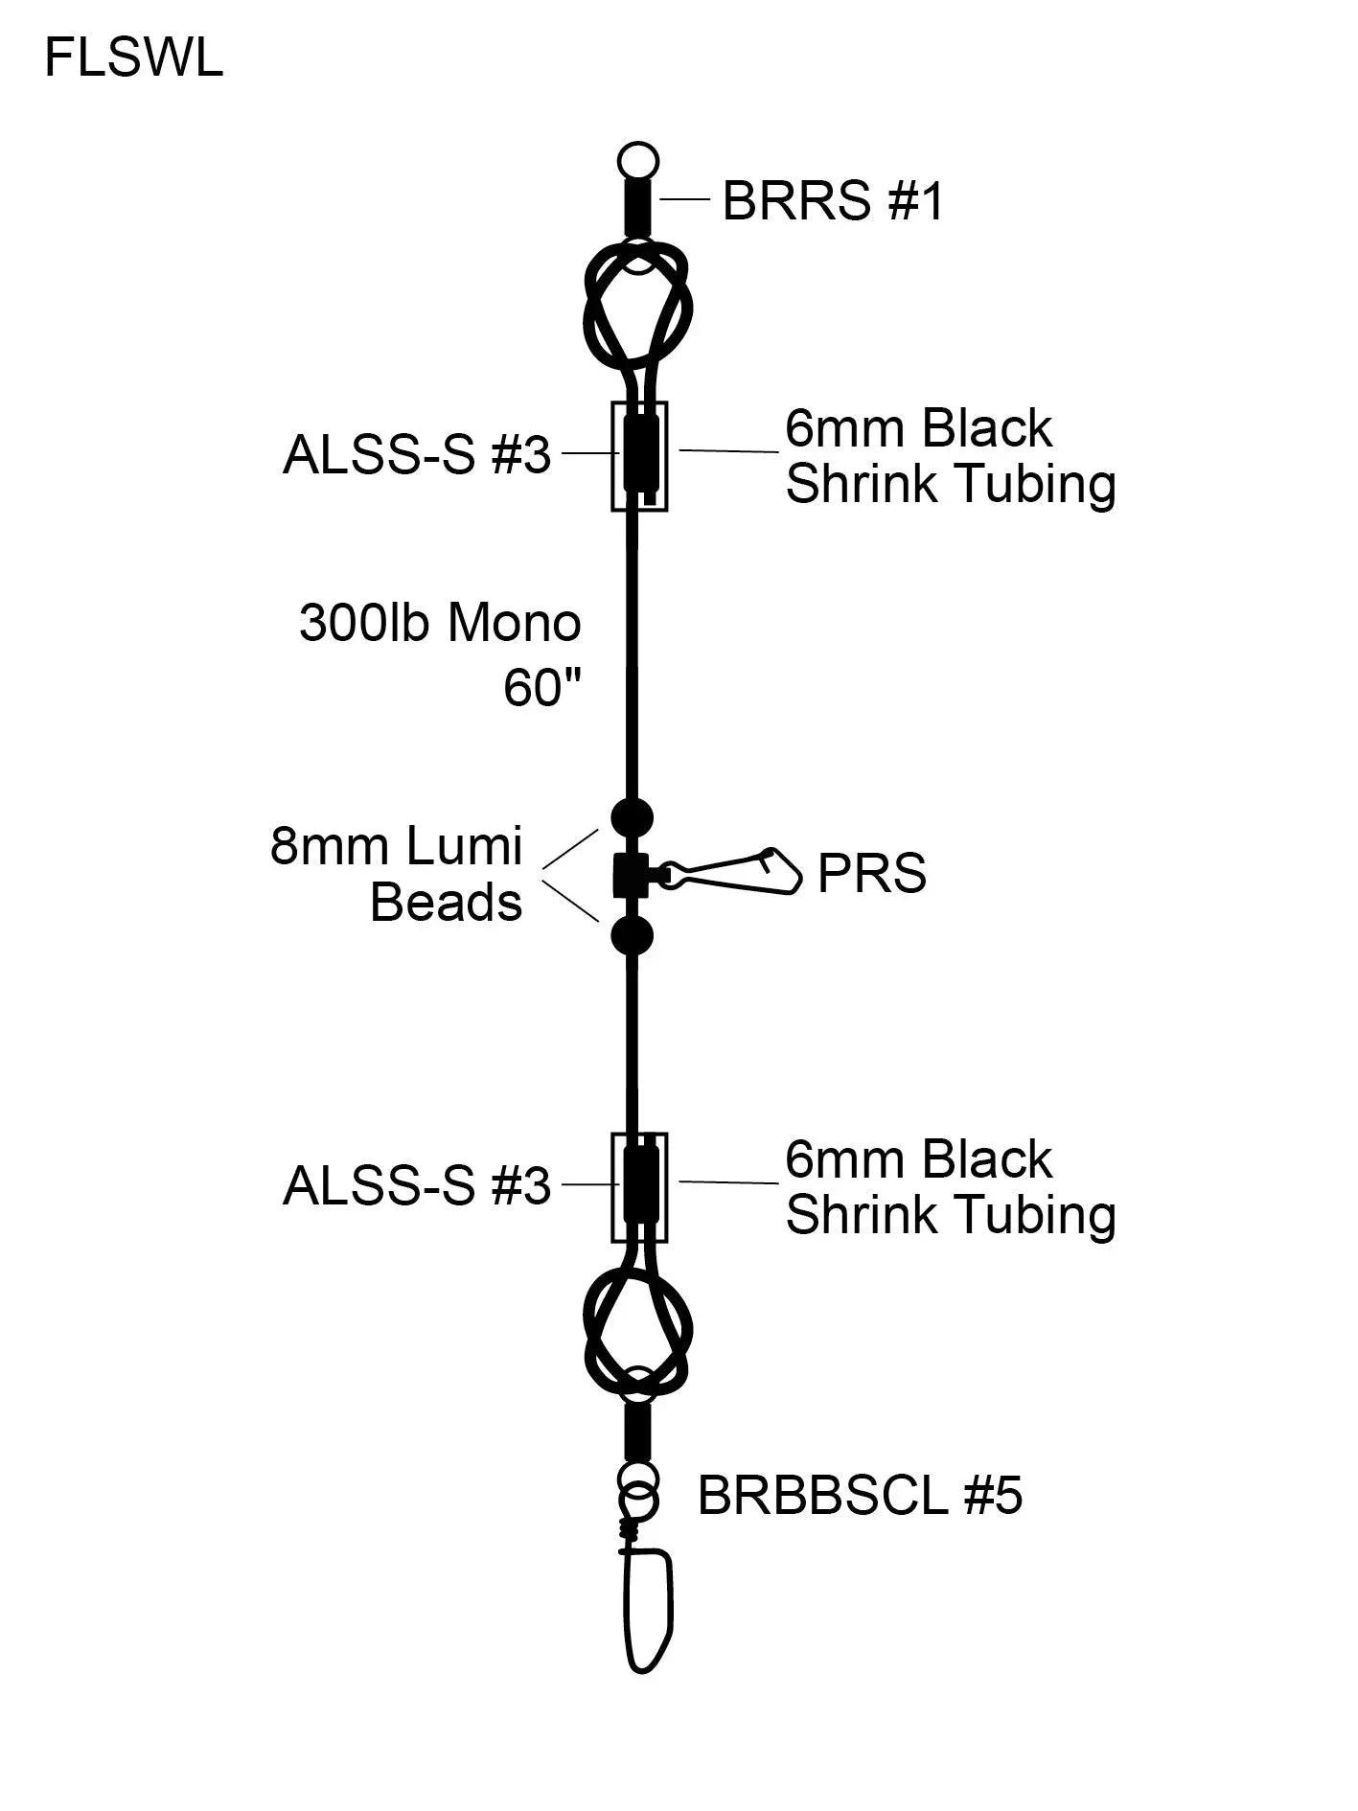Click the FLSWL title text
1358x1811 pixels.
click(133, 58)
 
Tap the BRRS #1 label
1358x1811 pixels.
click(832, 201)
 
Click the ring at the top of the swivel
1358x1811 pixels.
click(638, 159)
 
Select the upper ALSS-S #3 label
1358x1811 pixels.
click(417, 455)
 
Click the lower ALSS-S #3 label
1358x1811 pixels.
click(417, 1186)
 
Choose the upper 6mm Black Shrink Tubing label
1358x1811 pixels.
click(949, 455)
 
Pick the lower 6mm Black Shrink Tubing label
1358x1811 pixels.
click(949, 1186)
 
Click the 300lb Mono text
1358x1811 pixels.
click(440, 623)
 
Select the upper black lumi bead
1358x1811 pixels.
click(632, 817)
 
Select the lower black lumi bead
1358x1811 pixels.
click(632, 935)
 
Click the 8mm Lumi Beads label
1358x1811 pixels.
click(397, 874)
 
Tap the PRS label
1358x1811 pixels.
click(871, 874)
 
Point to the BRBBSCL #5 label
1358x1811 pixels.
click(859, 1495)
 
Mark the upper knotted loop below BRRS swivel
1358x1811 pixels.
click(638, 307)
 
